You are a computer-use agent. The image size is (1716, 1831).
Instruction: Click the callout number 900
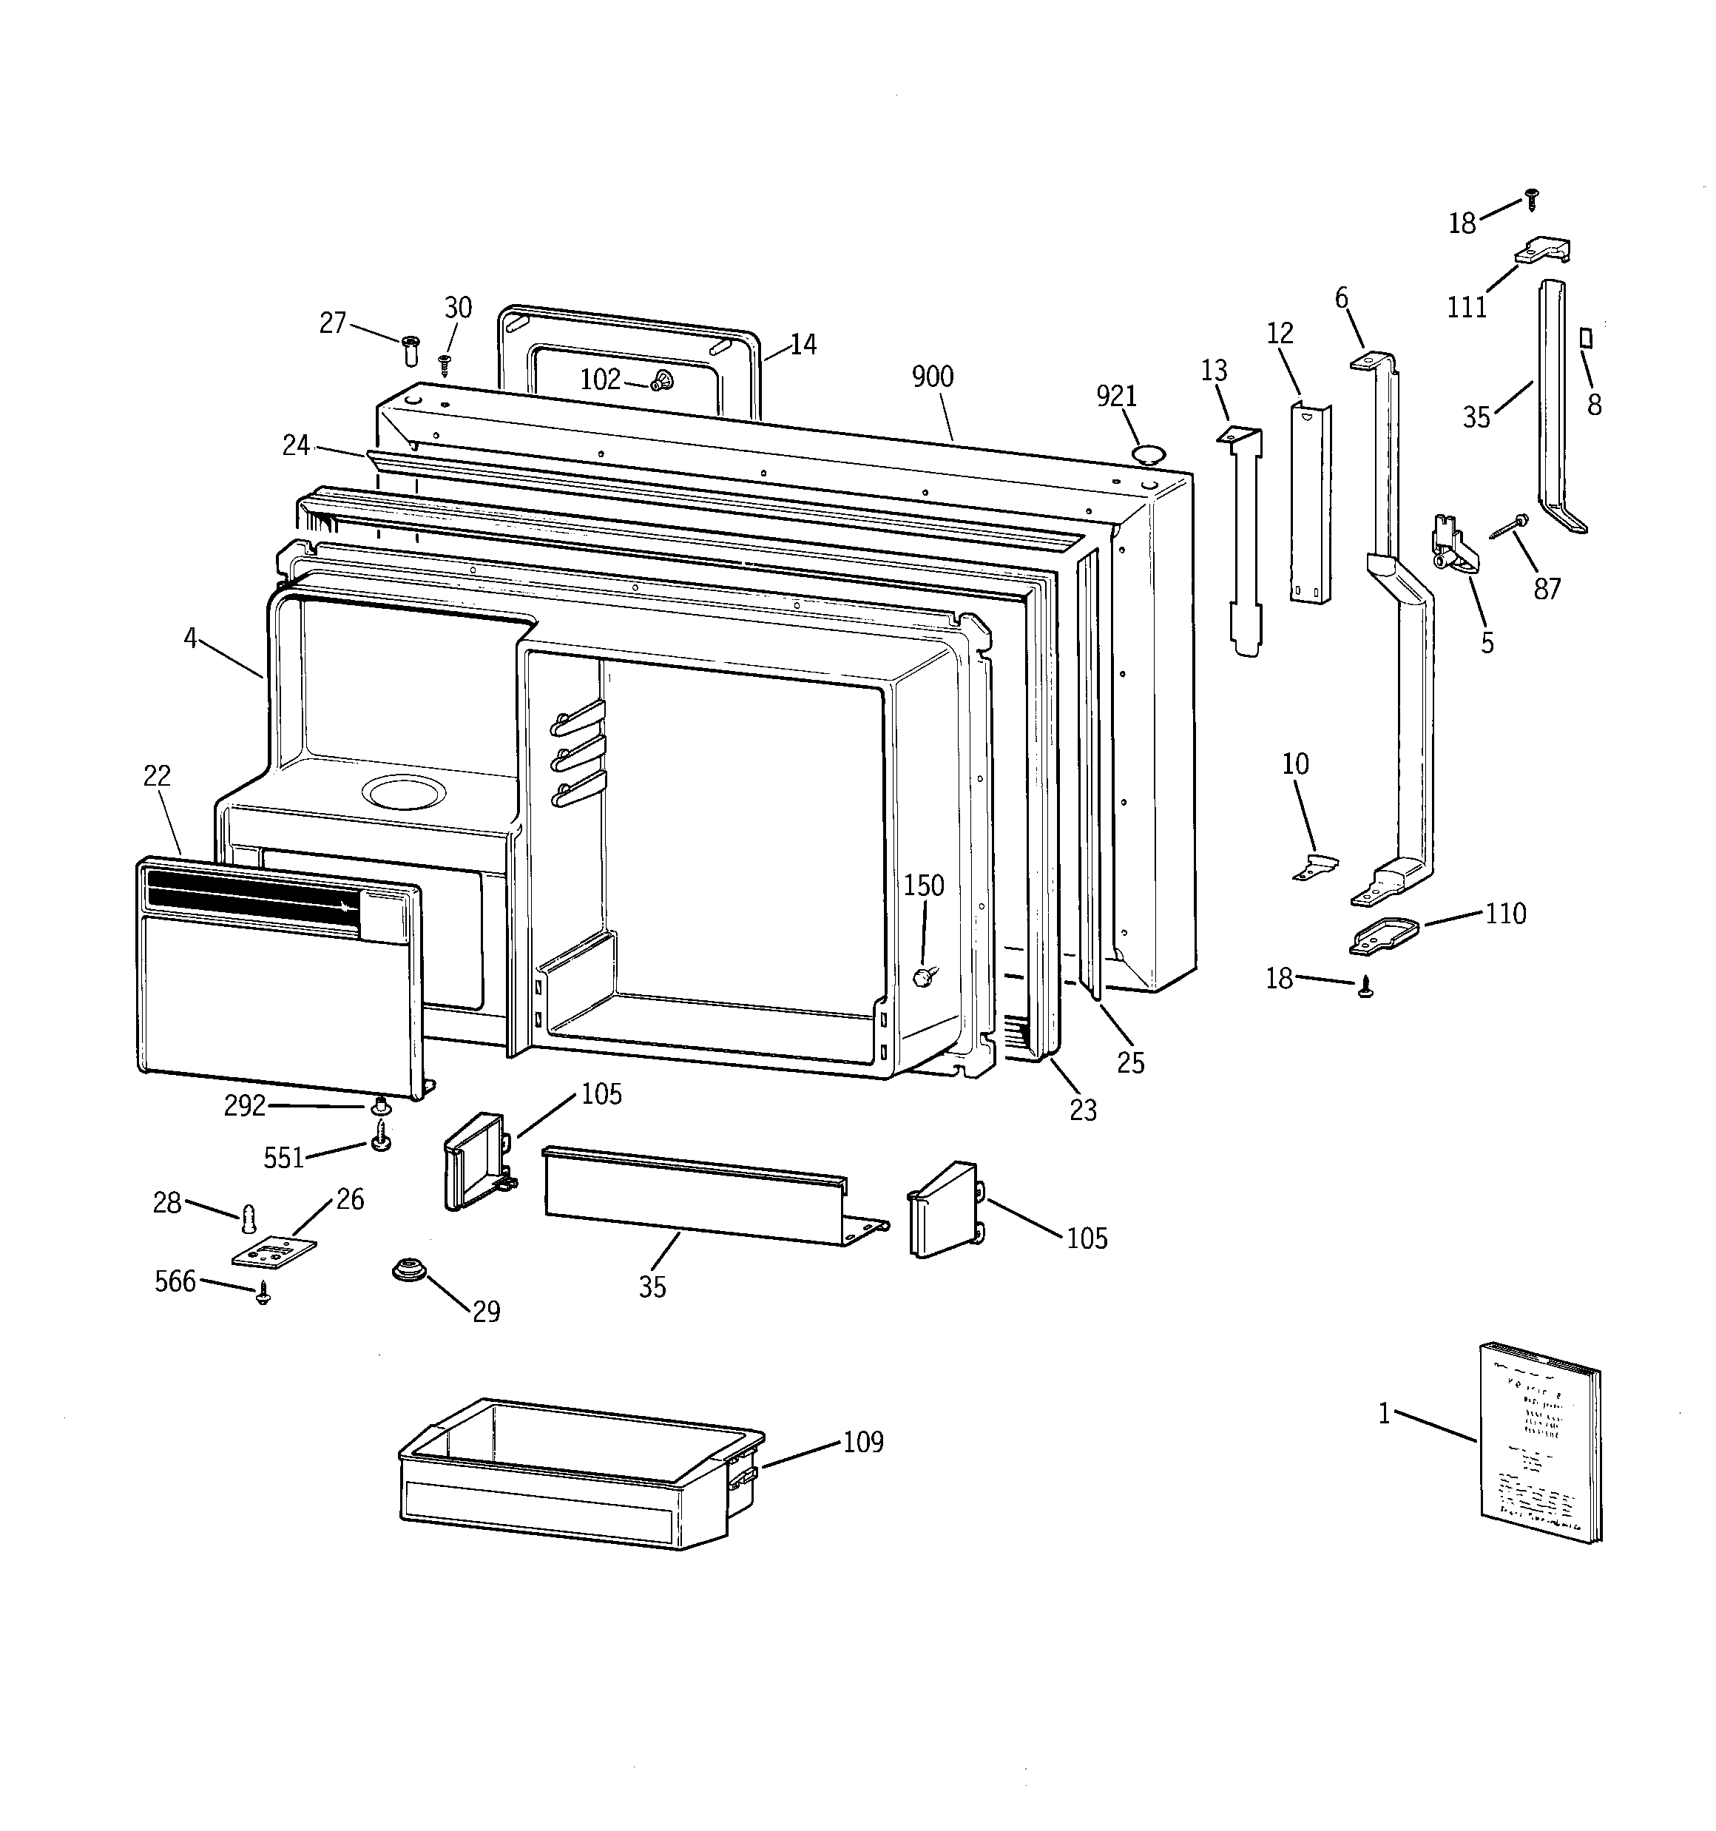coord(932,377)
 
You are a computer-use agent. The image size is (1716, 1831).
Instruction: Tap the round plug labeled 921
coord(1148,453)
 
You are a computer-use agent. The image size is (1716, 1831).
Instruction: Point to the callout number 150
coord(923,886)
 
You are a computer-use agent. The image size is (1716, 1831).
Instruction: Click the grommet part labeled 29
coord(409,1270)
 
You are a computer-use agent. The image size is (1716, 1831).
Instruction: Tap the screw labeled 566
coord(264,1294)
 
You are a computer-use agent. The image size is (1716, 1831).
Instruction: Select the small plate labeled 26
coord(274,1253)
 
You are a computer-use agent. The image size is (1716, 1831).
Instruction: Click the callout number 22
coord(157,777)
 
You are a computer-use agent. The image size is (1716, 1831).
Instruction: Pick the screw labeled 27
coord(411,350)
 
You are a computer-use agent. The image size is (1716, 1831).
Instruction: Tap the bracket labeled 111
coord(1543,252)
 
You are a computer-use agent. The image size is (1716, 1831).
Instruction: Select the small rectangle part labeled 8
coord(1585,337)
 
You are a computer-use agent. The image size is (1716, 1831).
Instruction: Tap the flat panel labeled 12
coord(1310,504)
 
